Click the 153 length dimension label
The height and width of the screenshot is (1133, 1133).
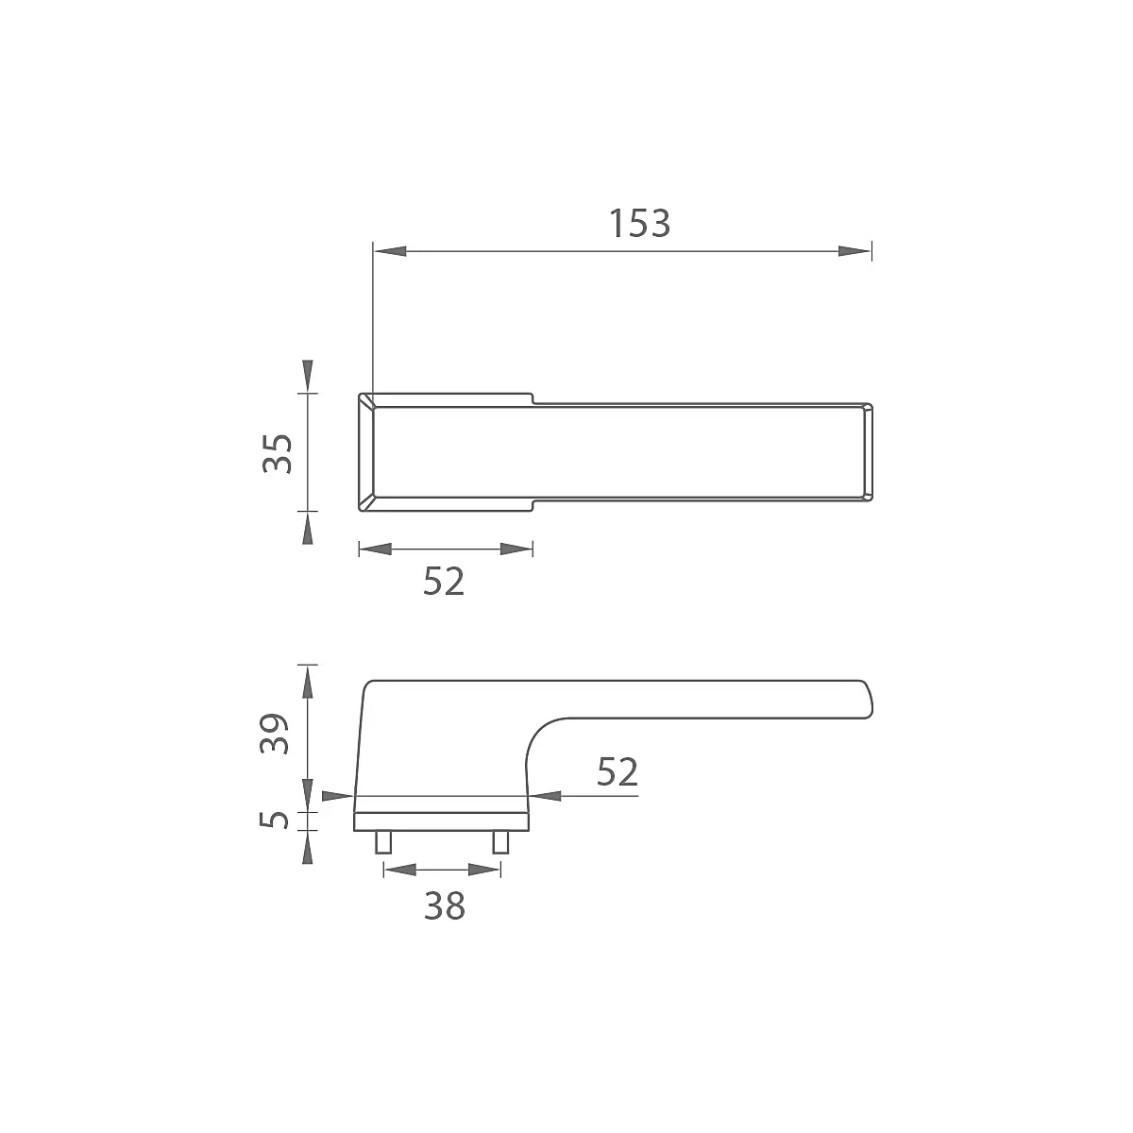tap(639, 224)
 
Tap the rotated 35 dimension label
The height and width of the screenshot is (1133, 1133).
tap(277, 453)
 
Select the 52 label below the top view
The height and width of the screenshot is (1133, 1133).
tap(444, 582)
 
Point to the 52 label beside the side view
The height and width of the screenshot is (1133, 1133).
tap(617, 771)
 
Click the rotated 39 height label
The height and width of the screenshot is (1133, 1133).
tap(275, 734)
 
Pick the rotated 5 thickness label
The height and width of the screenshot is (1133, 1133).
tap(275, 820)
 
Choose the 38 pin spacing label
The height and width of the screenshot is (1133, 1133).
tap(445, 906)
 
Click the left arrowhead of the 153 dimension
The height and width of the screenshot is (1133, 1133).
tap(390, 251)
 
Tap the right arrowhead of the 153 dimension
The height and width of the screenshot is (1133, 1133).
tap(854, 251)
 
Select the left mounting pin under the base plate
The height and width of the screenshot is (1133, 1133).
tap(383, 841)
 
